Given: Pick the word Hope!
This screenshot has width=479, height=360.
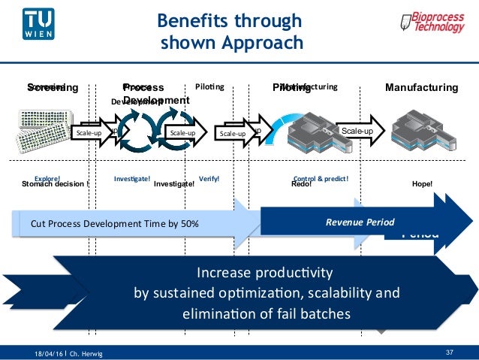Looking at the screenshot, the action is [423, 183].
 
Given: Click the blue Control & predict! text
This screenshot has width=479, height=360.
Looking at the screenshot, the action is [321, 178].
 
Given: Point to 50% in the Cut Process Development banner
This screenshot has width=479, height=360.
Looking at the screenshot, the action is [188, 223].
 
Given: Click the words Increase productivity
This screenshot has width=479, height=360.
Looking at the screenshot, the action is [267, 271].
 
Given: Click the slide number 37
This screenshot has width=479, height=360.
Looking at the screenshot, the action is [450, 352].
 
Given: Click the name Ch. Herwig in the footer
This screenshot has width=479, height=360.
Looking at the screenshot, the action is [86, 352].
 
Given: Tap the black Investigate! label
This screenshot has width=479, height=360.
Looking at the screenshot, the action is [169, 183].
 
